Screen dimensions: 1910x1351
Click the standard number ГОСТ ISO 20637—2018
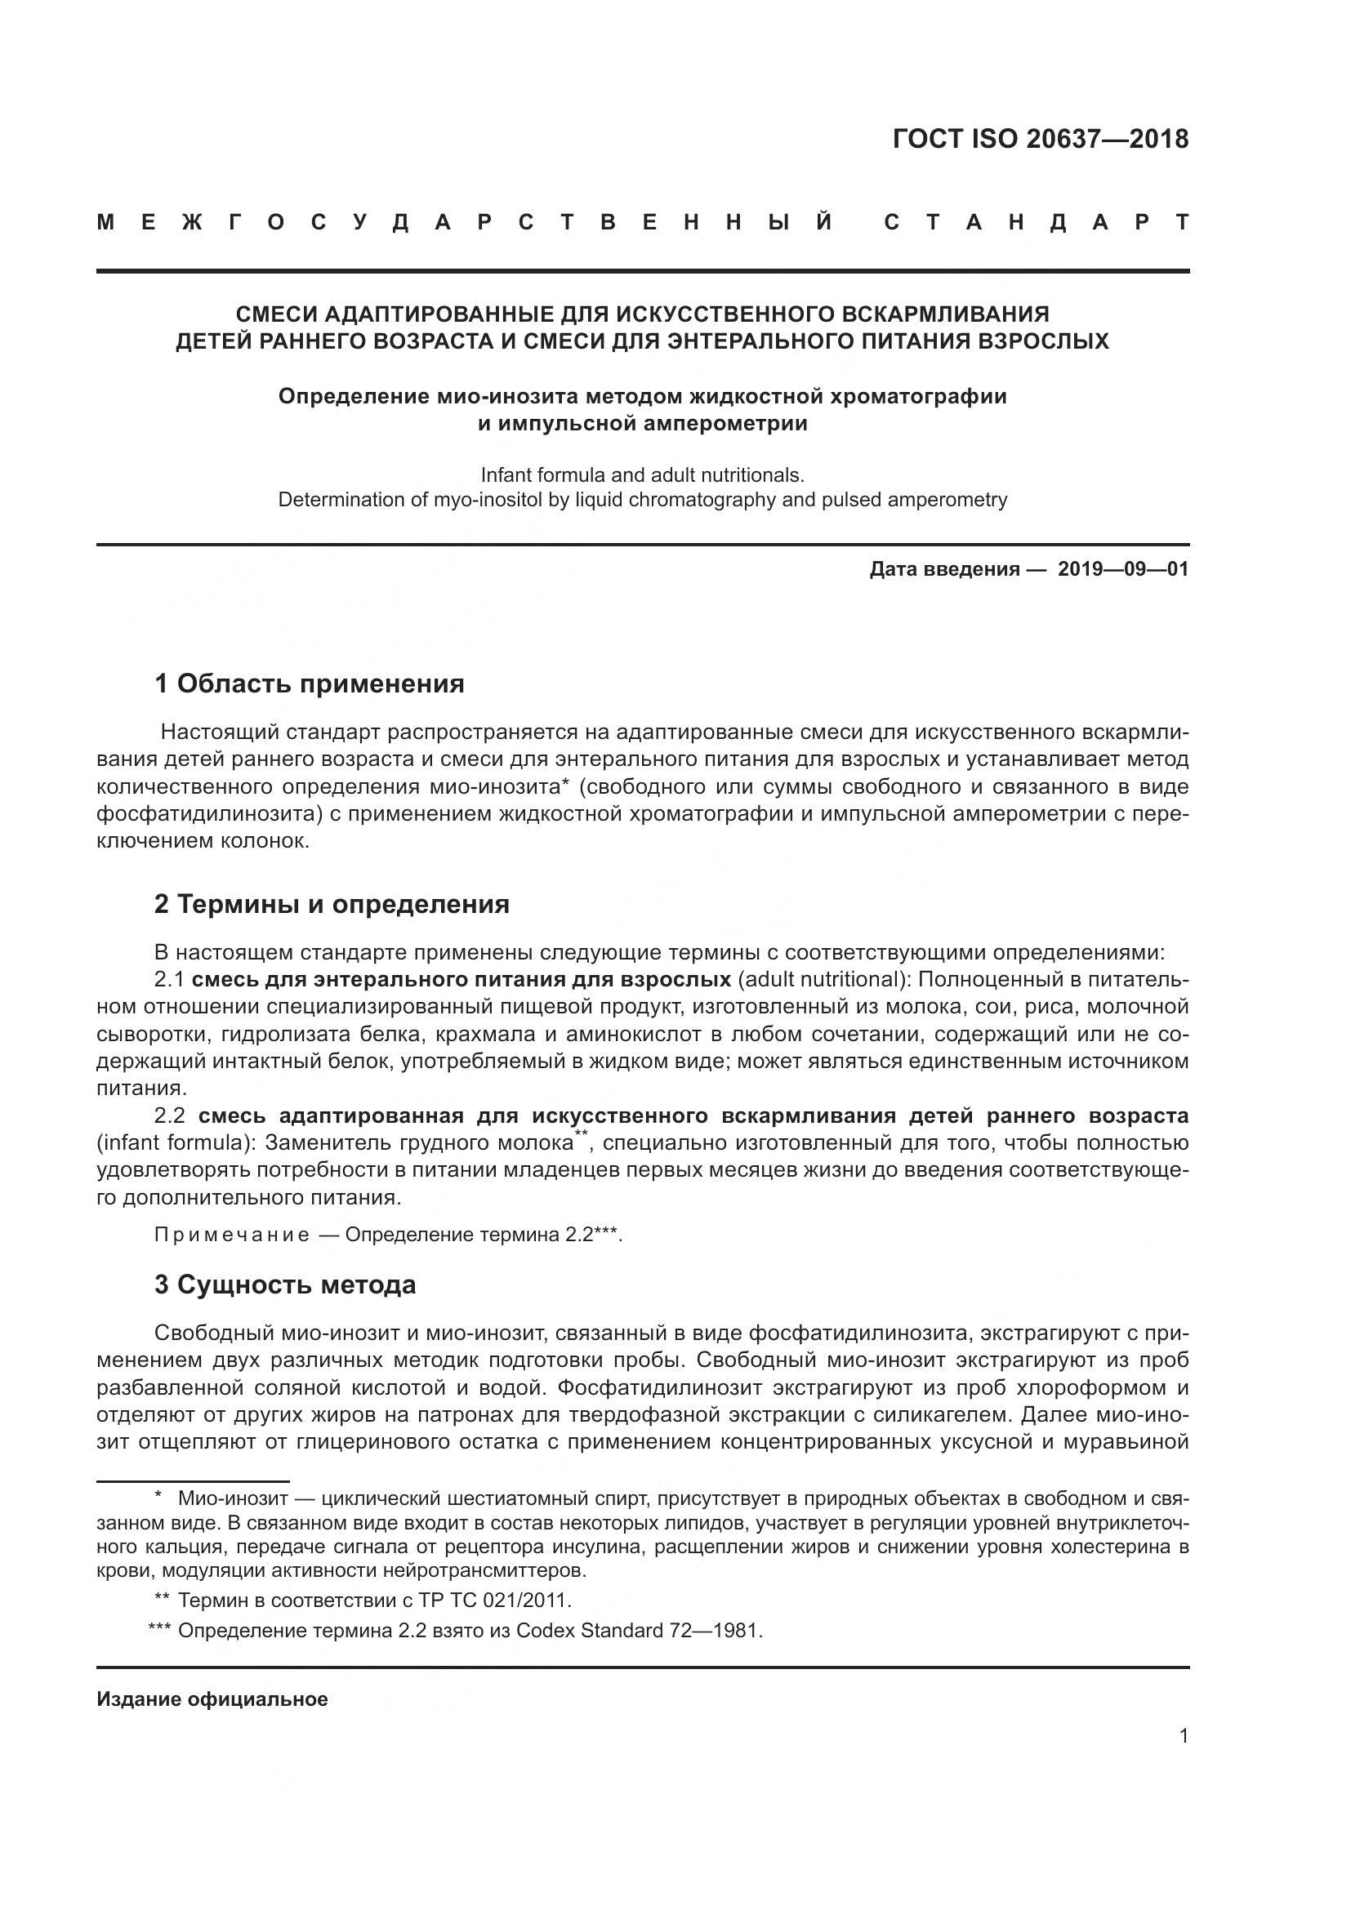[1040, 139]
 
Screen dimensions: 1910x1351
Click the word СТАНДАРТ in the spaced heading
[1036, 223]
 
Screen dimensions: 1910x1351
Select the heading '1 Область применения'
[309, 683]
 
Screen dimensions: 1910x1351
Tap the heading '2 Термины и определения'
[331, 904]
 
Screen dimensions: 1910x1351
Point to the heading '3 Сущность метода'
[284, 1285]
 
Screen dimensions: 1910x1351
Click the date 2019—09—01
[1122, 569]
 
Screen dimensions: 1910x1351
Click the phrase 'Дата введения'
[944, 569]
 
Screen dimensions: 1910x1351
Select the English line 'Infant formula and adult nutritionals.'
[642, 475]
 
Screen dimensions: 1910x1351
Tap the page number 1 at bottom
[1183, 1736]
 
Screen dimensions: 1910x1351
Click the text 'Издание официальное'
[212, 1699]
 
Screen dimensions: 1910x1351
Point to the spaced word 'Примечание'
[231, 1235]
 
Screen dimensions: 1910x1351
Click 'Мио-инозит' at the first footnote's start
[233, 1499]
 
